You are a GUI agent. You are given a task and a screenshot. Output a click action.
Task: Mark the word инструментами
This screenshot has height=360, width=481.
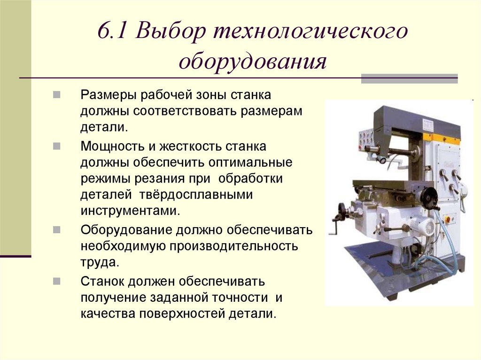pos(130,210)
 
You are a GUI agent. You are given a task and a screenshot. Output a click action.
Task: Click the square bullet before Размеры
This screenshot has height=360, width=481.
pos(56,95)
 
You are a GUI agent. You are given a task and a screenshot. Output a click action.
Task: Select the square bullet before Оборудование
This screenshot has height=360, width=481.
pos(56,230)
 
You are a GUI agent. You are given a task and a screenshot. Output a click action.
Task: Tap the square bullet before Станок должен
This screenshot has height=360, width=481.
pos(56,282)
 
